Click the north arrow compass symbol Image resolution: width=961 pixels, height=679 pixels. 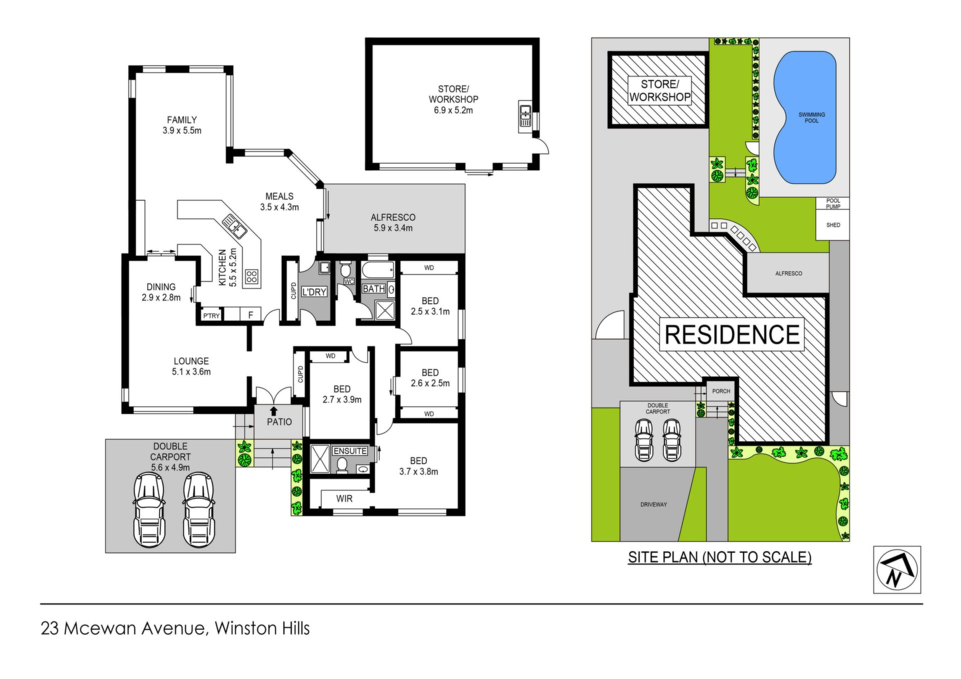click(x=897, y=569)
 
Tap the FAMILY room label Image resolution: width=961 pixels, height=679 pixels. click(x=182, y=120)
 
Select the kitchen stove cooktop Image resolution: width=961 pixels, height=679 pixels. click(x=252, y=276)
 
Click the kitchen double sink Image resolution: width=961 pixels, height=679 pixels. click(x=234, y=226)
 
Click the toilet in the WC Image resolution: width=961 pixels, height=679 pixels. click(x=345, y=270)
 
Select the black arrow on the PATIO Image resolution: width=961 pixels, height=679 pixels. click(x=274, y=411)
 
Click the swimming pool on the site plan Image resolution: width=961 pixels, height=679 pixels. click(x=805, y=118)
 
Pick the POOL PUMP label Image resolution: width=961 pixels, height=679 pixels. click(x=833, y=204)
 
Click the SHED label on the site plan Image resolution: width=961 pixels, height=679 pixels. click(x=833, y=225)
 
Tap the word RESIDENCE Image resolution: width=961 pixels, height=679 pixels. click(x=732, y=335)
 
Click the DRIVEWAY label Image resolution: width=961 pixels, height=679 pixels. click(x=654, y=504)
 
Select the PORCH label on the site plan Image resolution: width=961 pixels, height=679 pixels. click(x=721, y=391)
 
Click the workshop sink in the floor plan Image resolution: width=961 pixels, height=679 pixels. click(x=525, y=116)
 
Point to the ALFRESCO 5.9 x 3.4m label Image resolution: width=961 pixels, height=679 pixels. click(x=393, y=223)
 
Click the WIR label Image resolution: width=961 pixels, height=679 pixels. click(x=344, y=498)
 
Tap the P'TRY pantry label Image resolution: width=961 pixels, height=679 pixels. click(x=212, y=316)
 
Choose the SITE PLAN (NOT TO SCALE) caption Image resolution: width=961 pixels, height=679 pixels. click(x=720, y=557)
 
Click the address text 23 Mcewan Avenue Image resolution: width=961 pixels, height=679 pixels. click(x=123, y=628)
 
